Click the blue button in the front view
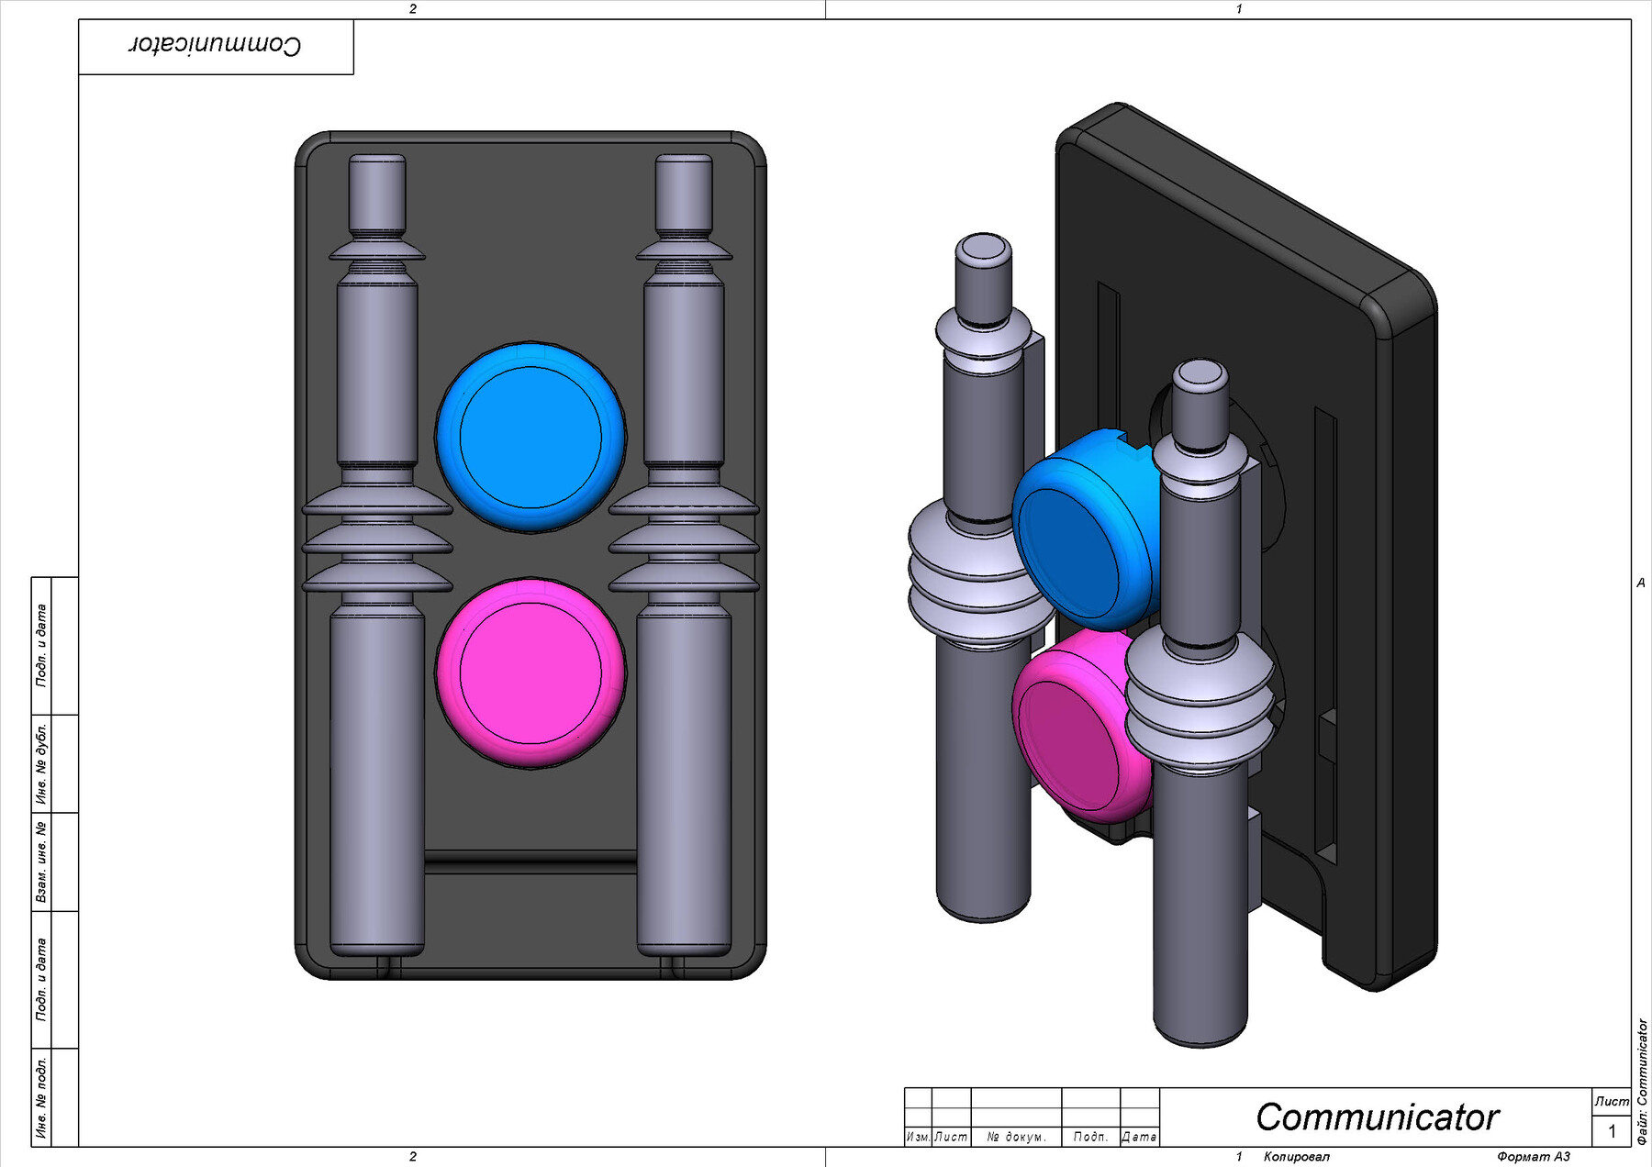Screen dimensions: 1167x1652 (530, 437)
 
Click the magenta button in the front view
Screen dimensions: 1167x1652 (530, 672)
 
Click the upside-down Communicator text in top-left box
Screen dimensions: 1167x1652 (215, 46)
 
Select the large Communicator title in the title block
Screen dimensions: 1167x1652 (1377, 1117)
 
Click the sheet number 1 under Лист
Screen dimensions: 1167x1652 (1612, 1131)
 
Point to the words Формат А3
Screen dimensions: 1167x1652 (1534, 1157)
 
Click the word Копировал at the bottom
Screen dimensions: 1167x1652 (1296, 1157)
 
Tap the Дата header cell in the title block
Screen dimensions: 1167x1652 (1139, 1137)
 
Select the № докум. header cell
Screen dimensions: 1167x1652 (1016, 1137)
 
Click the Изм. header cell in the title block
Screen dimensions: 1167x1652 (917, 1137)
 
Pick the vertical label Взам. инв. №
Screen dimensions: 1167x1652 (41, 861)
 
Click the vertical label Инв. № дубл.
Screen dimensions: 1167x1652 (41, 763)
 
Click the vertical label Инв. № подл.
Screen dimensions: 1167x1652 (41, 1097)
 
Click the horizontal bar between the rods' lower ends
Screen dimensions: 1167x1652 (530, 862)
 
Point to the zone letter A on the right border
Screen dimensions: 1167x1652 (1641, 583)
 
